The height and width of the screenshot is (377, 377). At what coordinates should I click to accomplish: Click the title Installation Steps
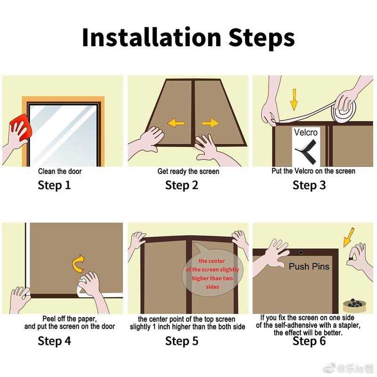[188, 37]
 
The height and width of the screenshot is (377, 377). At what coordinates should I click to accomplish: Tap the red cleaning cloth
[21, 127]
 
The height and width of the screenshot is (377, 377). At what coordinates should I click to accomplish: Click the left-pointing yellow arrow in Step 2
[176, 123]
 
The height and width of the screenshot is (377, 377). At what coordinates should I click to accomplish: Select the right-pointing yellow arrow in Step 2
[210, 123]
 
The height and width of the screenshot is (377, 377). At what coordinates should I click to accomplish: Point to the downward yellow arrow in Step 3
[294, 100]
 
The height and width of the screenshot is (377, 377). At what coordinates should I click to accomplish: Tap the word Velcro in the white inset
[305, 132]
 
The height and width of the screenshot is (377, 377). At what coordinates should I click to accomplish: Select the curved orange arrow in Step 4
[78, 264]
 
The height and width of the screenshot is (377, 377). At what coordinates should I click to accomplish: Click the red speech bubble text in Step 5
[213, 274]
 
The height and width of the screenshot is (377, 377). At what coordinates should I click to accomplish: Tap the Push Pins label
[309, 266]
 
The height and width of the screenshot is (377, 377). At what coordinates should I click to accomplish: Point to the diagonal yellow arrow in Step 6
[349, 238]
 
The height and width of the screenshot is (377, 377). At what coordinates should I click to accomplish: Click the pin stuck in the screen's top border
[301, 253]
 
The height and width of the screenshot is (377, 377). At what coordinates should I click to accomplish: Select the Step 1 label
[54, 185]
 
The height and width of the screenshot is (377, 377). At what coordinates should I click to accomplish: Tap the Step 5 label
[182, 341]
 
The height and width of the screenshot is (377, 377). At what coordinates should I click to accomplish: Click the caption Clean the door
[60, 172]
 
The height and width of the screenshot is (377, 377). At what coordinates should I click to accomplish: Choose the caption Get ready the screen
[188, 172]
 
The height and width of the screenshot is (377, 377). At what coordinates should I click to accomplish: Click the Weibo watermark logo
[330, 368]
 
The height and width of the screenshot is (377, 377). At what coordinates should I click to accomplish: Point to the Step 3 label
[309, 185]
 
